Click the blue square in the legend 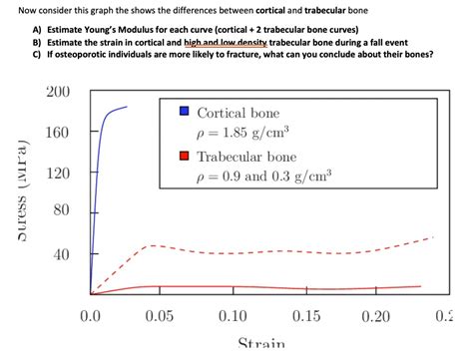184,112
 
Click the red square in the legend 184,157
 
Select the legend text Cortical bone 238,113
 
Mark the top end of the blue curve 127,107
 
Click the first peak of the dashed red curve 151,245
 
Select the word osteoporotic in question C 82,56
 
